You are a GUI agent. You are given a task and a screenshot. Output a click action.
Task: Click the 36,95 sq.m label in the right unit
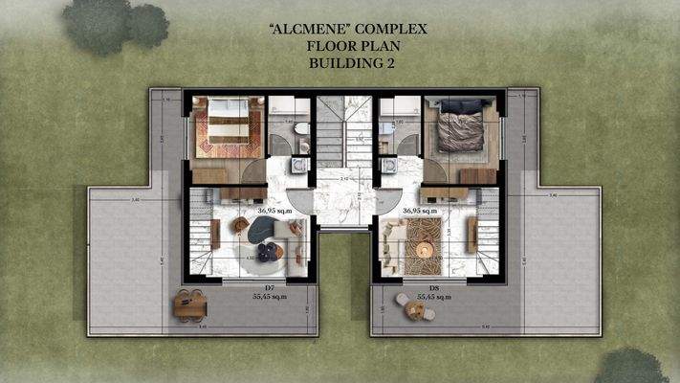pyautogui.click(x=422, y=209)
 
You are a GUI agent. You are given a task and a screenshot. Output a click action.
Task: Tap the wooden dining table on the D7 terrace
pyautogui.click(x=188, y=304)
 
